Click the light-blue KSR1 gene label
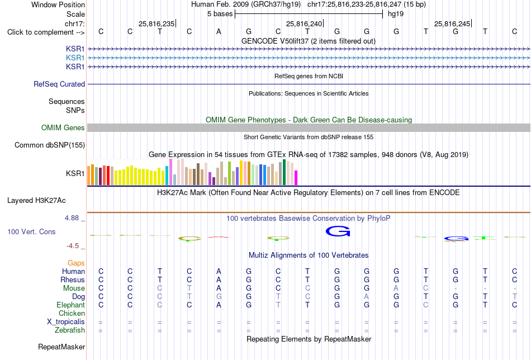75,58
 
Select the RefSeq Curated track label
59,84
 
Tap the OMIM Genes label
63,127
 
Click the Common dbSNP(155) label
50,145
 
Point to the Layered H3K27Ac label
36,201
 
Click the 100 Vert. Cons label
31,231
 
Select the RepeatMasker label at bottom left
61,347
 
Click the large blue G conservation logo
338,231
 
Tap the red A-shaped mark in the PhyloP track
219,237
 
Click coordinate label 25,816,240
304,23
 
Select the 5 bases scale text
220,14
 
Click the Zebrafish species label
70,330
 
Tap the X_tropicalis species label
66,322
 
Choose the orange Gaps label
76,263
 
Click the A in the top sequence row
219,31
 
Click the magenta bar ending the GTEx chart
296,178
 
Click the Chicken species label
72,313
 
